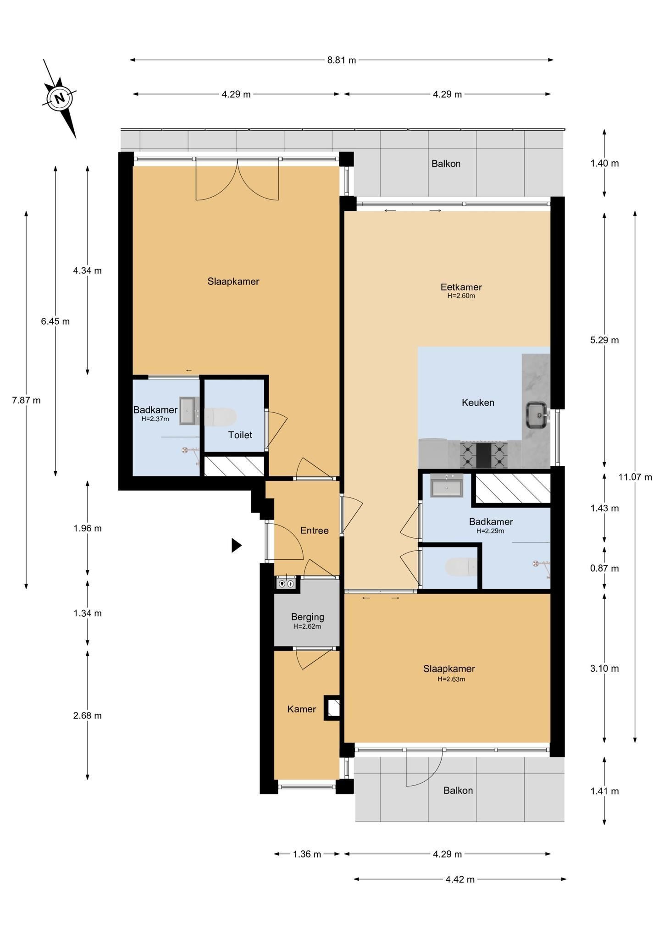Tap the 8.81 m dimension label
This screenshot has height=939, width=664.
342,60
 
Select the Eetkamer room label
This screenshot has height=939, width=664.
461,287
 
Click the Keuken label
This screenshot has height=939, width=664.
478,403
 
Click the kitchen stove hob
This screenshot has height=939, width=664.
484,454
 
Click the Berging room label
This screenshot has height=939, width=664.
307,617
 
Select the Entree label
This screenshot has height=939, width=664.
314,530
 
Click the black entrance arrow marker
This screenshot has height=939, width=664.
236,545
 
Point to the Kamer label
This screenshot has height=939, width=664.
301,709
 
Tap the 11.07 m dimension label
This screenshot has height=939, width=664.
635,477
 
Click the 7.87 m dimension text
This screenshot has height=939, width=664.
26,400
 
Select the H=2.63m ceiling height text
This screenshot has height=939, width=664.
451,679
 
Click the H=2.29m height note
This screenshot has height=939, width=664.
490,531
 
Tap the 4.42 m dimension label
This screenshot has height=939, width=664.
460,879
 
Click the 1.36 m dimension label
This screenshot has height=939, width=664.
307,854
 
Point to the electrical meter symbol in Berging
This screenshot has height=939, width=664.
286,584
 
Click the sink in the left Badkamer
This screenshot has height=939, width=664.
188,411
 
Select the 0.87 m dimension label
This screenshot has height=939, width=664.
604,569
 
